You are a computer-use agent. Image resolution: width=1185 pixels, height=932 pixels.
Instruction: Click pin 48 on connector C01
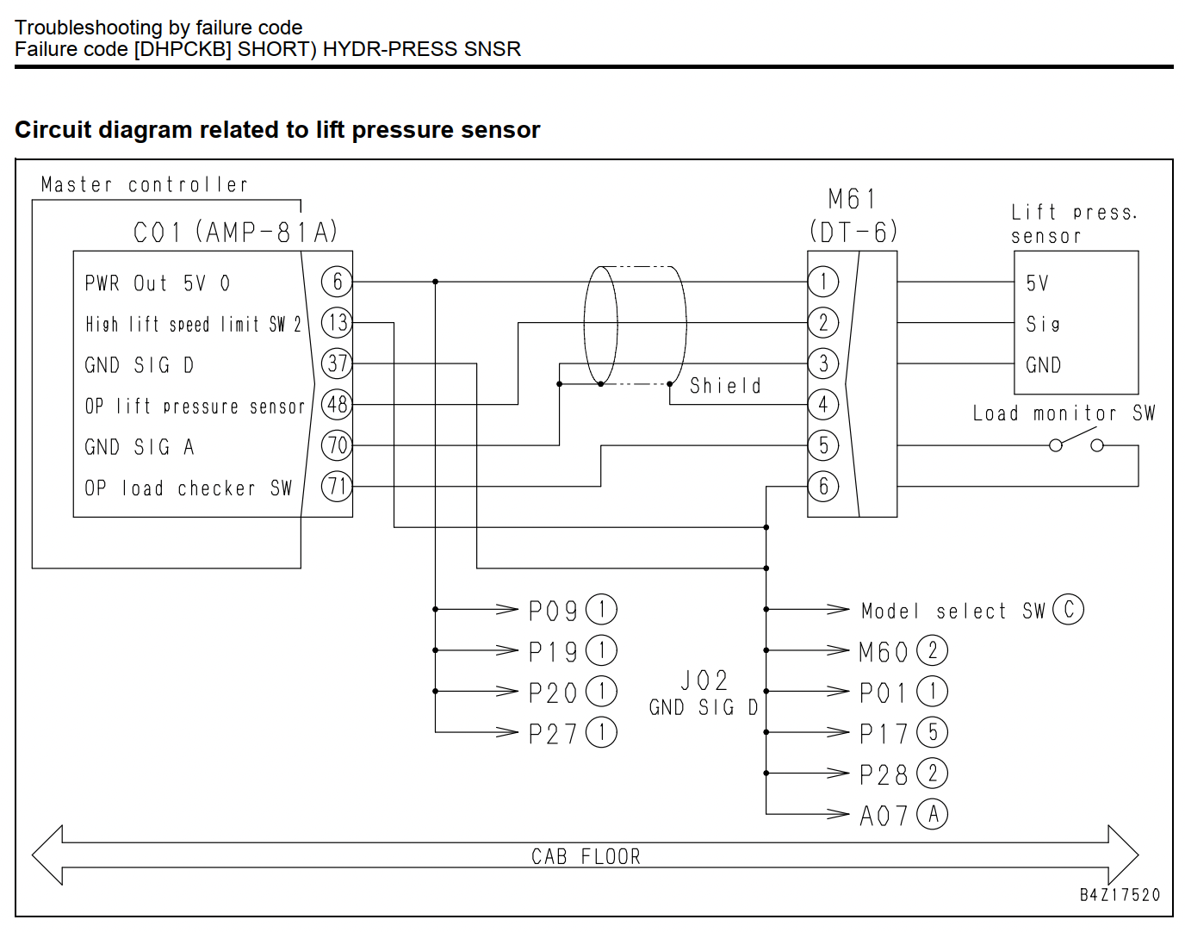click(x=337, y=404)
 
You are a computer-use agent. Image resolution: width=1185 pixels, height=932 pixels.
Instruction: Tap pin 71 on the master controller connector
click(x=337, y=487)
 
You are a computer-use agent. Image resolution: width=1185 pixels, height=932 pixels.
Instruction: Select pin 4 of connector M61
click(x=823, y=404)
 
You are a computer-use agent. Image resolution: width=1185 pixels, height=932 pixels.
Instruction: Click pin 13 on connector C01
click(x=337, y=323)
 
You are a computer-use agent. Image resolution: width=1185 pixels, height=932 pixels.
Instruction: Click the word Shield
click(x=726, y=386)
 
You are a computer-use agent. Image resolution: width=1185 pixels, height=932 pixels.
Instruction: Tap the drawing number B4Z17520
click(x=1120, y=895)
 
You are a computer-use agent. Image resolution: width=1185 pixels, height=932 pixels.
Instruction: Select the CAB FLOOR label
click(x=586, y=856)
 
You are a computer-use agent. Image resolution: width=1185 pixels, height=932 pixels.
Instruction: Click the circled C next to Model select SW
click(x=1068, y=610)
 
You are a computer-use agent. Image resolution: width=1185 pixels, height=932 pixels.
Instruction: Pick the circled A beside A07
click(x=933, y=814)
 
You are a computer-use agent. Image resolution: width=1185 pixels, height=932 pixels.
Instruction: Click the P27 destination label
click(x=553, y=733)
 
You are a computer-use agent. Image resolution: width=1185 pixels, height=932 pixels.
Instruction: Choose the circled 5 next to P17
click(x=933, y=733)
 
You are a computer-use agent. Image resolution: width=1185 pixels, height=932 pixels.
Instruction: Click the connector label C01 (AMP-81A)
click(x=235, y=232)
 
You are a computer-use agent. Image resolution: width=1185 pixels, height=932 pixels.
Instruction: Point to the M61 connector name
click(x=852, y=199)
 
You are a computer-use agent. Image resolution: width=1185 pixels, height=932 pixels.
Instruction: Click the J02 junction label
click(x=704, y=680)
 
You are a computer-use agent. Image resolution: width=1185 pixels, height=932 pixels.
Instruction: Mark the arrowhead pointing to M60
click(x=838, y=650)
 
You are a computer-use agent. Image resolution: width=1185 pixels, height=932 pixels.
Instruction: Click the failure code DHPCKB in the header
click(x=183, y=50)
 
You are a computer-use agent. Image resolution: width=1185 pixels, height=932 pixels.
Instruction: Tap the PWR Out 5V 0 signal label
click(x=158, y=283)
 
